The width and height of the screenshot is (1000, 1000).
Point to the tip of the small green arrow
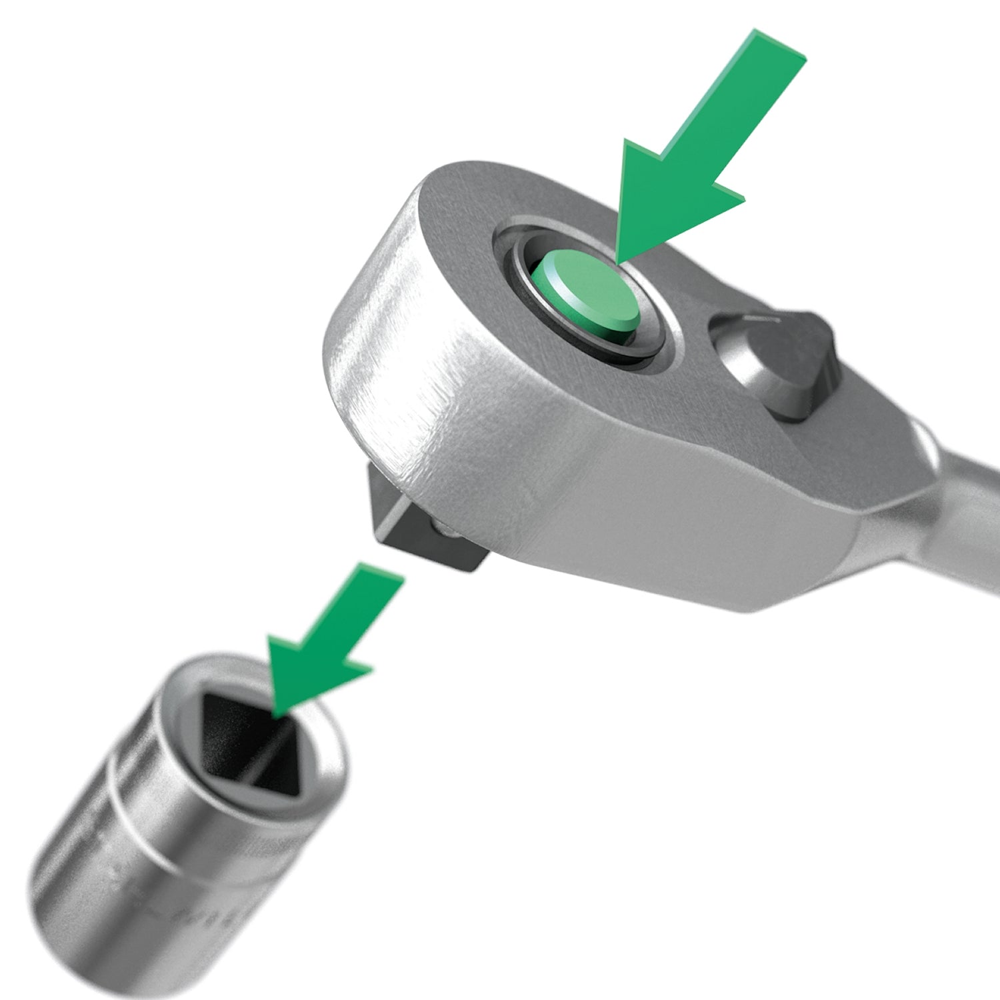pyautogui.click(x=275, y=717)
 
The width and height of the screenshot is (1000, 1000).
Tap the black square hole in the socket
pyautogui.click(x=247, y=740)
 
